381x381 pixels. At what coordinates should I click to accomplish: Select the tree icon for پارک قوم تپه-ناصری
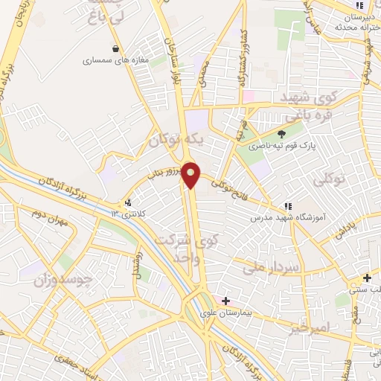pos(281,133)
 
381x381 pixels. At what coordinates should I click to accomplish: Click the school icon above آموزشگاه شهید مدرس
pos(287,207)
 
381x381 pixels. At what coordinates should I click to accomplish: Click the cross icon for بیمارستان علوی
pos(225,301)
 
